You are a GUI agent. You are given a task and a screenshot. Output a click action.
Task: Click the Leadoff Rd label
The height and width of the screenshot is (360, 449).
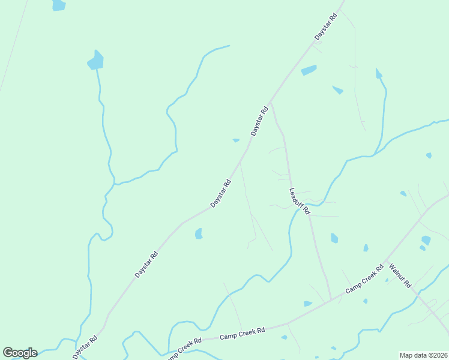[x=299, y=202]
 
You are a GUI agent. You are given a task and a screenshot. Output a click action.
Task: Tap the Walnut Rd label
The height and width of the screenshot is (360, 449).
[x=400, y=275]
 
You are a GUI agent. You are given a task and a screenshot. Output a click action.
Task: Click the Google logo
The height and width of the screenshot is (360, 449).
[x=20, y=353]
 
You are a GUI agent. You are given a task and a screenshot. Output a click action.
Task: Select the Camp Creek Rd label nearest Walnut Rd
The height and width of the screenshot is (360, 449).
[x=364, y=280]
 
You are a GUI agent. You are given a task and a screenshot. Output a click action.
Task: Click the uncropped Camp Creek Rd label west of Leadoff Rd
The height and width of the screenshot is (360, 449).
[x=243, y=334]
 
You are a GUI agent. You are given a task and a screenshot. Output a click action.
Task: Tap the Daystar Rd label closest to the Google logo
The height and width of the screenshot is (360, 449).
[x=85, y=347]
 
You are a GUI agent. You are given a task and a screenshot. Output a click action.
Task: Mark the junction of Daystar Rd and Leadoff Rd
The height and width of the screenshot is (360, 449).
[x=271, y=102]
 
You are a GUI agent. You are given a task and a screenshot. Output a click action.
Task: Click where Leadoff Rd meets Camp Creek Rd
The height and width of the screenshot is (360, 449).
[x=331, y=299]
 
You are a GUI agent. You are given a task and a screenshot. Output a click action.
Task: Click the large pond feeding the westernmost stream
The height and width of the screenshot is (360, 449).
[x=95, y=60]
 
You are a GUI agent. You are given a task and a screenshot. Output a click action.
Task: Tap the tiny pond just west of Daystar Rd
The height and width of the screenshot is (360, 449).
[x=236, y=140]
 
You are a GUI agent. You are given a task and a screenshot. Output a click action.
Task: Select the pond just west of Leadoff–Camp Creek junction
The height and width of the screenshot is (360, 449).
[x=308, y=304]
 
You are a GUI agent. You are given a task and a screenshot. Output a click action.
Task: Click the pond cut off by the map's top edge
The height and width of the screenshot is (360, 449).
[x=58, y=5]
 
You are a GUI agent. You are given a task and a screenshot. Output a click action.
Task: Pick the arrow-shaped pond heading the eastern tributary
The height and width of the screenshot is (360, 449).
[x=378, y=74]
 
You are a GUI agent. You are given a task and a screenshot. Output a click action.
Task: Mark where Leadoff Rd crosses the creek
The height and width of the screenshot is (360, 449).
[x=291, y=185]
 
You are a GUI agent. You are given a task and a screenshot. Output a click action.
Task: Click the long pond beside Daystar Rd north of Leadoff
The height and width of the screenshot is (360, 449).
[x=309, y=70]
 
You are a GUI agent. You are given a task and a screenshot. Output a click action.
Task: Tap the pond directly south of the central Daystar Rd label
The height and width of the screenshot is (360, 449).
[x=199, y=233]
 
